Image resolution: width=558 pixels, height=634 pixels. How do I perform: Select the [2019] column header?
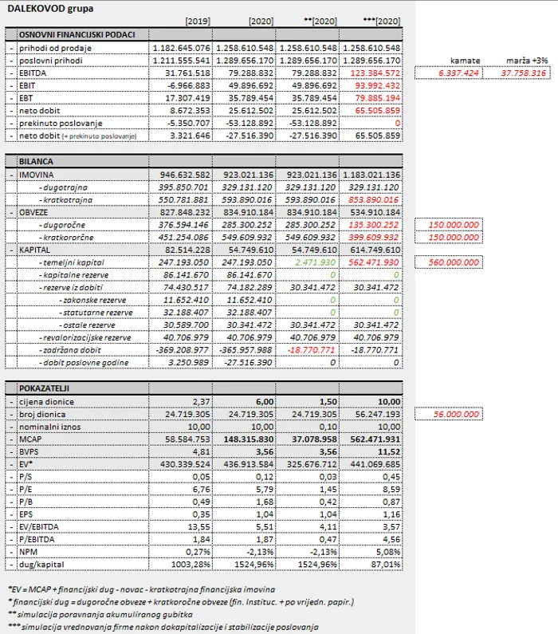(197, 21)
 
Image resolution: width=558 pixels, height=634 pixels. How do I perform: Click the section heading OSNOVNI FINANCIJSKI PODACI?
(77, 34)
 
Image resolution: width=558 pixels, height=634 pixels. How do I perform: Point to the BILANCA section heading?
(37, 161)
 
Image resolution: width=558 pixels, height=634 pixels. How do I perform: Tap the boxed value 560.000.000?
(455, 262)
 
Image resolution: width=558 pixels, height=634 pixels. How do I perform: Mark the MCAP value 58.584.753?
(183, 439)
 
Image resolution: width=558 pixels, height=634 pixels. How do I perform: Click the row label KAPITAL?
(38, 250)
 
